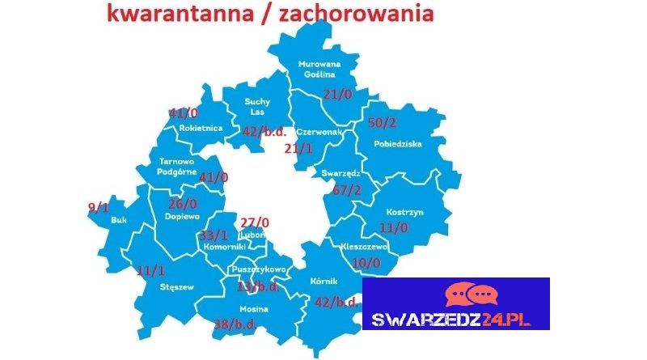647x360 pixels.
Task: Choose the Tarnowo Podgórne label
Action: coord(182,164)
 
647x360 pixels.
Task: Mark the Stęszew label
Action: coord(159,285)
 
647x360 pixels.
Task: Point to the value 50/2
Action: coord(382,122)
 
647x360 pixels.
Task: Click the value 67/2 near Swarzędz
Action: coord(347,190)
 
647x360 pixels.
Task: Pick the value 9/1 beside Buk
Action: coord(98,207)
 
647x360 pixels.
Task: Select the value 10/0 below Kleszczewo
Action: coord(366,262)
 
